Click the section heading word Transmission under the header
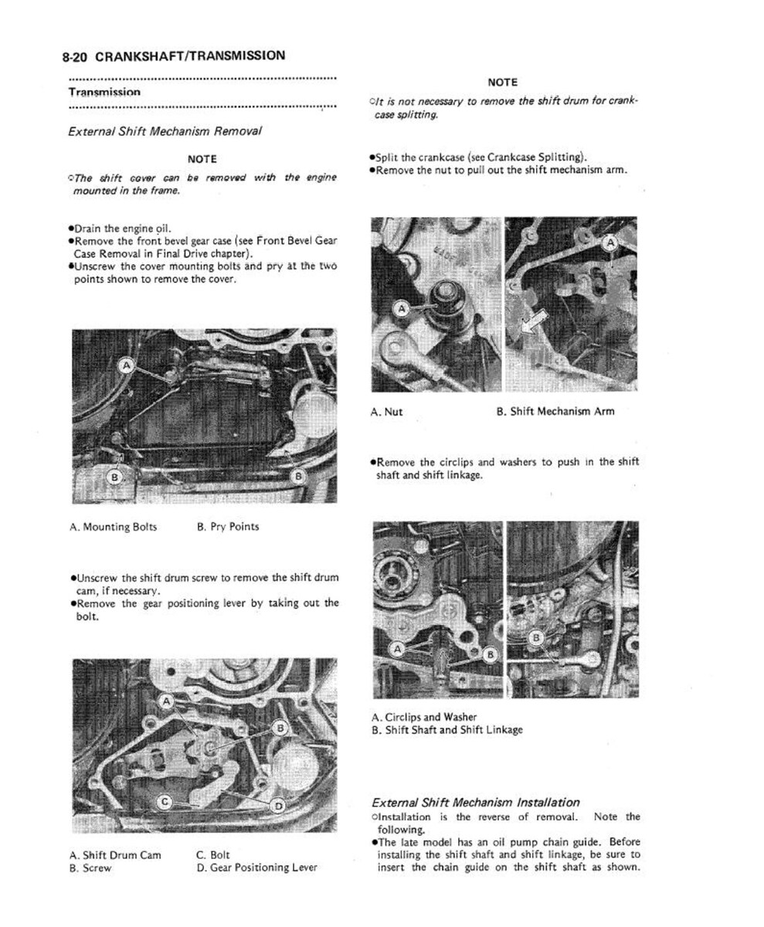(104, 92)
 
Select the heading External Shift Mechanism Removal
(165, 131)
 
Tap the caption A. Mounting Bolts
(113, 527)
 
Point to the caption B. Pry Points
(228, 527)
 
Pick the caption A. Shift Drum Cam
(115, 855)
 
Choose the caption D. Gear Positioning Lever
(256, 868)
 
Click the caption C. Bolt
(213, 855)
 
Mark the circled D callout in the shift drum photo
(278, 805)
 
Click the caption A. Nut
(387, 412)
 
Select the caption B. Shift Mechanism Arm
(555, 412)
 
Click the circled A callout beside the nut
(401, 311)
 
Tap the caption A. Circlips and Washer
(423, 717)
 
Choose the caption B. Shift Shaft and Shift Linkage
(447, 729)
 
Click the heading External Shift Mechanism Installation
(475, 803)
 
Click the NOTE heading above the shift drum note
(502, 83)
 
